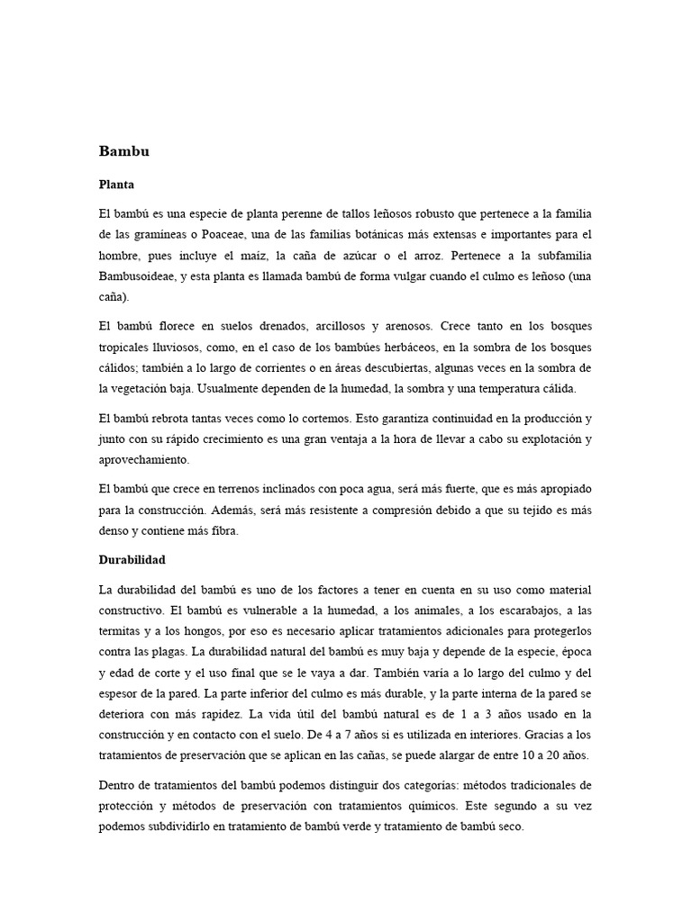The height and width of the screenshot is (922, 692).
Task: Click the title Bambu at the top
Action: (x=123, y=152)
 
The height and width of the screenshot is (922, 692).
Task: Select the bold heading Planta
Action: (x=116, y=185)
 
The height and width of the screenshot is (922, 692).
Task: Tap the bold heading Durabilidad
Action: (x=132, y=559)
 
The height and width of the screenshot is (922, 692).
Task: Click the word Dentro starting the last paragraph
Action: (x=117, y=786)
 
